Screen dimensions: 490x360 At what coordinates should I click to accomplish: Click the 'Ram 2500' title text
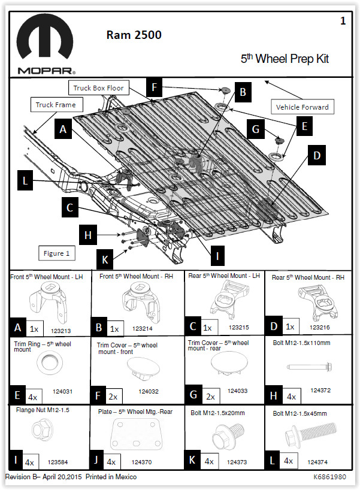click(x=134, y=35)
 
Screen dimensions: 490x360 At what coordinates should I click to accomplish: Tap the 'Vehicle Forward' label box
click(x=302, y=107)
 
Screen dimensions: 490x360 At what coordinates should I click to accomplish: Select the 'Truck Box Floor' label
click(x=98, y=88)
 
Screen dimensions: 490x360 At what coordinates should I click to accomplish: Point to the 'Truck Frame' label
click(x=56, y=105)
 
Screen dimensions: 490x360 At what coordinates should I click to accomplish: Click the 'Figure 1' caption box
click(x=56, y=253)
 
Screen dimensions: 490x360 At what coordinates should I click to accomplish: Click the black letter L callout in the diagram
click(x=26, y=180)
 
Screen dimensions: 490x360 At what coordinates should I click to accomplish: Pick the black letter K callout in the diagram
click(x=105, y=259)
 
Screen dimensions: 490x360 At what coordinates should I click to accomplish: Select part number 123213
click(x=61, y=329)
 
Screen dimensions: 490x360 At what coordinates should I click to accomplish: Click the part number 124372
click(x=320, y=390)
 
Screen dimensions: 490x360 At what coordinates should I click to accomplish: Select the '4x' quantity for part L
click(x=289, y=461)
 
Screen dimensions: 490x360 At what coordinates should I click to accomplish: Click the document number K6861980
click(x=329, y=477)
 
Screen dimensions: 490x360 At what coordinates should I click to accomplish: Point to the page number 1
click(x=343, y=21)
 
